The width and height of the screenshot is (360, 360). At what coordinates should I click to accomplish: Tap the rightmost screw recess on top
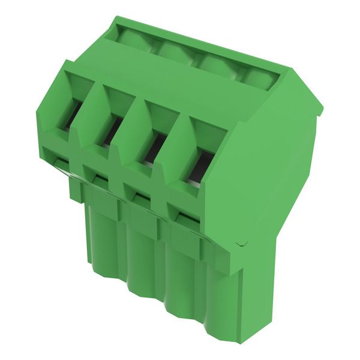tap(259, 78)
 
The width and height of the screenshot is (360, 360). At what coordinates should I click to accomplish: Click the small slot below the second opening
tap(98, 178)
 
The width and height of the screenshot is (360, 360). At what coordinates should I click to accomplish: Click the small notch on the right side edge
tap(241, 244)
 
